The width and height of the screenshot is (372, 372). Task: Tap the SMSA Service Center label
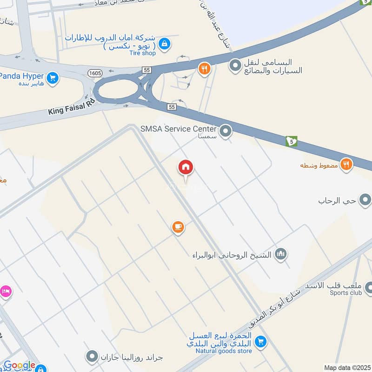tap(179, 129)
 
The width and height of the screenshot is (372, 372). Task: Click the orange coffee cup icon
tap(178, 227)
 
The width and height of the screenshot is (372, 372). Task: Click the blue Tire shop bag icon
tap(164, 45)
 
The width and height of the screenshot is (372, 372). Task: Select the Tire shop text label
tap(142, 53)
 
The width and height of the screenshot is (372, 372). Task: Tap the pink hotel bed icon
tap(6, 292)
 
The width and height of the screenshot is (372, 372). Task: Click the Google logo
tap(20, 365)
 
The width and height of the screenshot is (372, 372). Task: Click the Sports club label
tap(345, 292)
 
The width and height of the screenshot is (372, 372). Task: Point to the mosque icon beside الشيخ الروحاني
tap(281, 254)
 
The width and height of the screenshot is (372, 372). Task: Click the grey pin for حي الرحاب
tap(365, 201)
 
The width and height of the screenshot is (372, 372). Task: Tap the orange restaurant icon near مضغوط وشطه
tap(345, 164)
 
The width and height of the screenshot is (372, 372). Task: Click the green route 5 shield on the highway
tap(292, 141)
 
